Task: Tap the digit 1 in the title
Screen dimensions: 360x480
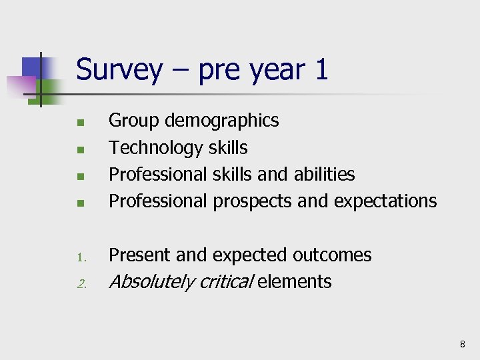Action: [x=321, y=69]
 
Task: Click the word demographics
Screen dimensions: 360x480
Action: [x=221, y=121]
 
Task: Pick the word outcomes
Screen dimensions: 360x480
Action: [x=332, y=255]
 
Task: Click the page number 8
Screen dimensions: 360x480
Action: [x=462, y=344]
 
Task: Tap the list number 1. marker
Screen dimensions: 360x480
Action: [x=79, y=257]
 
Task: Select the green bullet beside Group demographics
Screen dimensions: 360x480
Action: [x=79, y=123]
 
